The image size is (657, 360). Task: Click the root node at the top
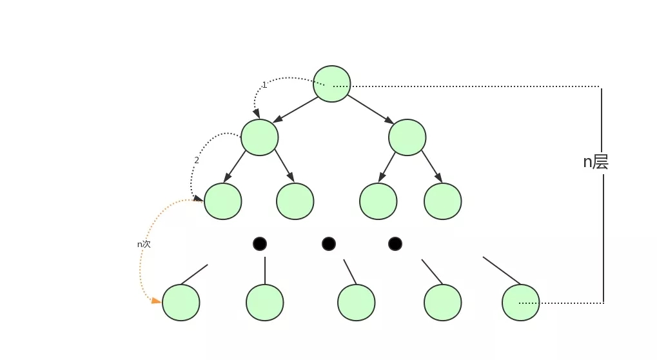coord(332,84)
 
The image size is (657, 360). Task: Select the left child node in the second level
coord(260,137)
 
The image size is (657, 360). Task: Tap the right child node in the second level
coord(407,137)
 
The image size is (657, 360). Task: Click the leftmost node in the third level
coord(223,201)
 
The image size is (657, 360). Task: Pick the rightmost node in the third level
coord(443,201)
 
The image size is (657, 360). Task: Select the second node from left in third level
coord(295,201)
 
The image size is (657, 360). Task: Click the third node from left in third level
coord(378,201)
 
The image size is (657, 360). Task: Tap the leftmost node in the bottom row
coord(181,303)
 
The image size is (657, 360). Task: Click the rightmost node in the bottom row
coord(521,303)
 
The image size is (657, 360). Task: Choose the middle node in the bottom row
coord(357,303)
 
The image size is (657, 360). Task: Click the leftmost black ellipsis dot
coord(260,244)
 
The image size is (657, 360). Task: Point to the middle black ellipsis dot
coord(329,244)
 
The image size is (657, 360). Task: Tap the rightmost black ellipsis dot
coord(395,244)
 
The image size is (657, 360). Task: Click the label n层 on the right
coord(596,162)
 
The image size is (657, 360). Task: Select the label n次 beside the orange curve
coord(144,245)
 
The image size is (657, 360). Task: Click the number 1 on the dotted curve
coord(264,85)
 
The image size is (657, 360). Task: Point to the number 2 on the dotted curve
coord(197,160)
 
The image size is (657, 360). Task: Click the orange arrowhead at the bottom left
coord(156,301)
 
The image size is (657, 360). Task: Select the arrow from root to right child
coord(371,109)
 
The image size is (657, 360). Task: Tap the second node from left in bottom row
coord(265,303)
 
